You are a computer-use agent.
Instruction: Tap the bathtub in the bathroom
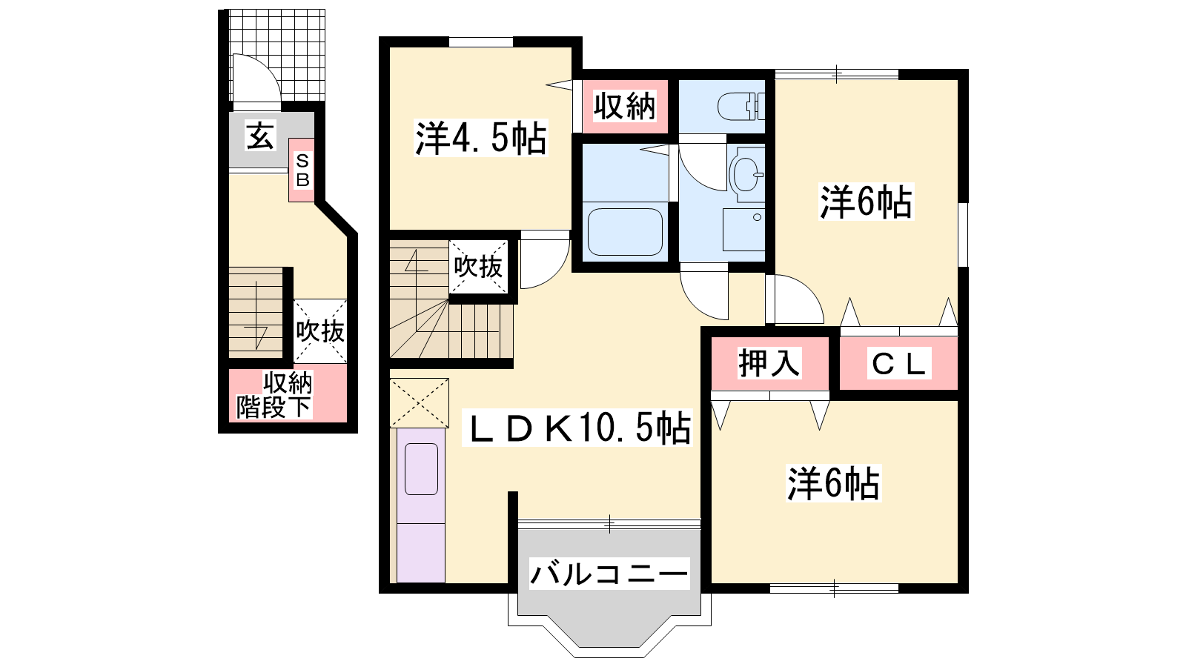click(626, 232)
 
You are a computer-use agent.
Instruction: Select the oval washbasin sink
click(746, 174)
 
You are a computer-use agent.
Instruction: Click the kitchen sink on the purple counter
click(422, 469)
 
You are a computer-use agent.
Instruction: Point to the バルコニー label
click(609, 574)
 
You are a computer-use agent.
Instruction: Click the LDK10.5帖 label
click(577, 428)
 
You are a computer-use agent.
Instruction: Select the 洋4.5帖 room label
click(480, 138)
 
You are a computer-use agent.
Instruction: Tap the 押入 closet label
click(769, 363)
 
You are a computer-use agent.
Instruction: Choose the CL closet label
click(898, 364)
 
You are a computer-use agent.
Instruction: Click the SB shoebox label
click(302, 170)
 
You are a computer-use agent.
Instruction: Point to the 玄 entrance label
click(260, 136)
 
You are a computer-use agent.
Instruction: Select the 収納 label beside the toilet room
click(625, 107)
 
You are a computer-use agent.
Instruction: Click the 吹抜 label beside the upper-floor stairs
click(478, 266)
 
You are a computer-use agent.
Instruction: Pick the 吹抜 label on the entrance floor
click(320, 331)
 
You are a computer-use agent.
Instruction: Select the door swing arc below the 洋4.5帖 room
click(556, 275)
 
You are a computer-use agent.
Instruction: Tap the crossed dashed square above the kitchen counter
click(420, 403)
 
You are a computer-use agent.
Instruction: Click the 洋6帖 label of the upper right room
click(867, 202)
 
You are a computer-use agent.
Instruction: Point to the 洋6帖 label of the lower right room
click(833, 482)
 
